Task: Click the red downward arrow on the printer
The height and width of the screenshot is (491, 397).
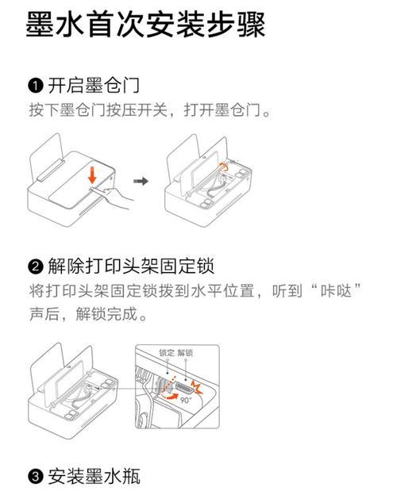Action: pyautogui.click(x=91, y=174)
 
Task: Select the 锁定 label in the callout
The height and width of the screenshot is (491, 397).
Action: pyautogui.click(x=168, y=353)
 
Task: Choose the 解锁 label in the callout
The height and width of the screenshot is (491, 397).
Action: pyautogui.click(x=186, y=353)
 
